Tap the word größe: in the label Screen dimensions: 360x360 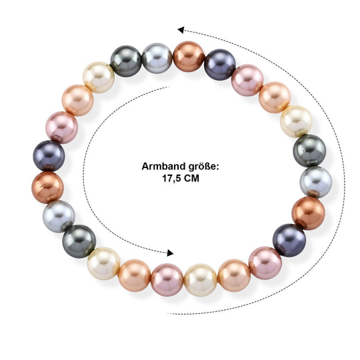coord(203,167)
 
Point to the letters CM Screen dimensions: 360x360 coord(192,178)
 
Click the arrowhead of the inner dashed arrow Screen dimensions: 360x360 coord(170,253)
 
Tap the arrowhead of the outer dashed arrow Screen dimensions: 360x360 coord(181,30)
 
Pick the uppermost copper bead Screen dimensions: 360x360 coord(189,57)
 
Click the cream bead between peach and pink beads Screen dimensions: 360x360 coord(200,280)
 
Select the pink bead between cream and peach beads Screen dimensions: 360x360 coord(167,280)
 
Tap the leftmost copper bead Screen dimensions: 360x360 coord(47,187)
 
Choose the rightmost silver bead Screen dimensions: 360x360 coord(316,182)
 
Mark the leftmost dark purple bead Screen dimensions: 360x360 coord(49,156)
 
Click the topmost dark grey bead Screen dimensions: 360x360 coord(126,61)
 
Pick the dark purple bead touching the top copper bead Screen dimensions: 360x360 coord(220,65)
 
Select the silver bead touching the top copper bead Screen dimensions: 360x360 coord(157,59)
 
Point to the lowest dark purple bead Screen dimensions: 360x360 coord(289,240)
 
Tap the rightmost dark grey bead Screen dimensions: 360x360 coord(309,151)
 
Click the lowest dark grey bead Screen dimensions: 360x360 coord(79,241)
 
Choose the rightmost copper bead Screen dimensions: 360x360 coord(309,213)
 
